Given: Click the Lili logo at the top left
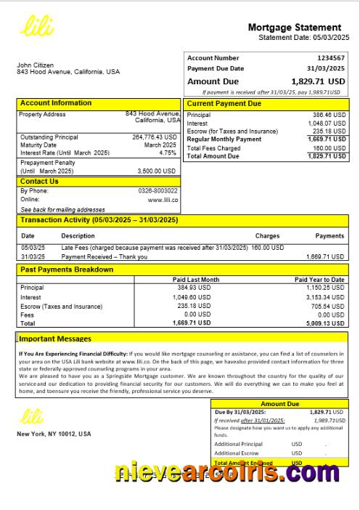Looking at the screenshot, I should pos(36,28).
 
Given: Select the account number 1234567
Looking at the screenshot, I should pos(331,58).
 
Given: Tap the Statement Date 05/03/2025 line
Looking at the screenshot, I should pos(303,37).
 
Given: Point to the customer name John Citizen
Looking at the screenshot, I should pos(35,65).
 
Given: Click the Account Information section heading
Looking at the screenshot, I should pos(56,103).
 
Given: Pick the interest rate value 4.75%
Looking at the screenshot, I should pos(168,153).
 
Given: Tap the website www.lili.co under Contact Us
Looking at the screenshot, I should pos(163,199).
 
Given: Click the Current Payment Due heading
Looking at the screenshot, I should pos(224,104).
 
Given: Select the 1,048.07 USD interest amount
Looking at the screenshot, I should pos(329,124).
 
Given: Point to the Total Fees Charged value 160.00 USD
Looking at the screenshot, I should pos(329,147).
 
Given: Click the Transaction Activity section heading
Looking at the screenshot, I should pos(99,219).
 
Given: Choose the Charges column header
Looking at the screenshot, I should pos(267,236).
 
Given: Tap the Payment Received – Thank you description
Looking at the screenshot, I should pos(105,256).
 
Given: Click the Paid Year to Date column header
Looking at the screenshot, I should pos(319,280).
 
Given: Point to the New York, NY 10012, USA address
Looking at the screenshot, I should pos(54,434).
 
